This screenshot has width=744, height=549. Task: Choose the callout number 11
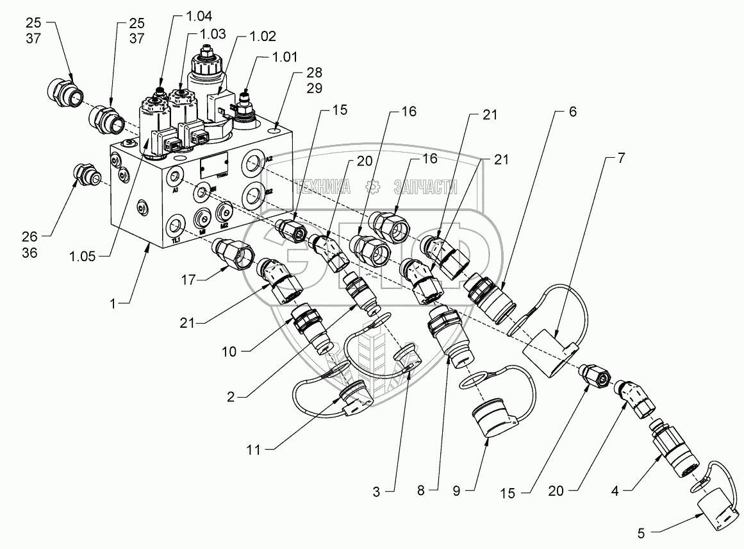point(254,450)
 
